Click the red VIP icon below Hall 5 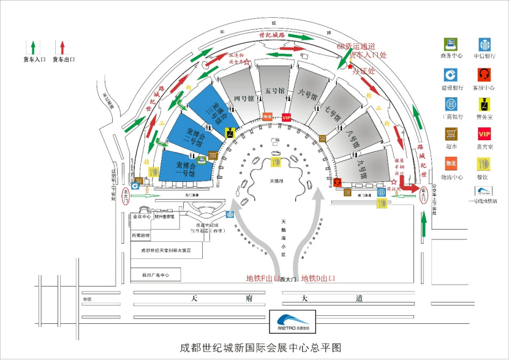(286, 117)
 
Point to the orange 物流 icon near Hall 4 (266, 116)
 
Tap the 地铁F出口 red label (263, 279)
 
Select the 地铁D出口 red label (318, 279)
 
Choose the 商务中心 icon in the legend (451, 45)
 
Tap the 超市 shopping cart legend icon (451, 134)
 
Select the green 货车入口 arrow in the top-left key (32, 47)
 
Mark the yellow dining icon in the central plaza (276, 162)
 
